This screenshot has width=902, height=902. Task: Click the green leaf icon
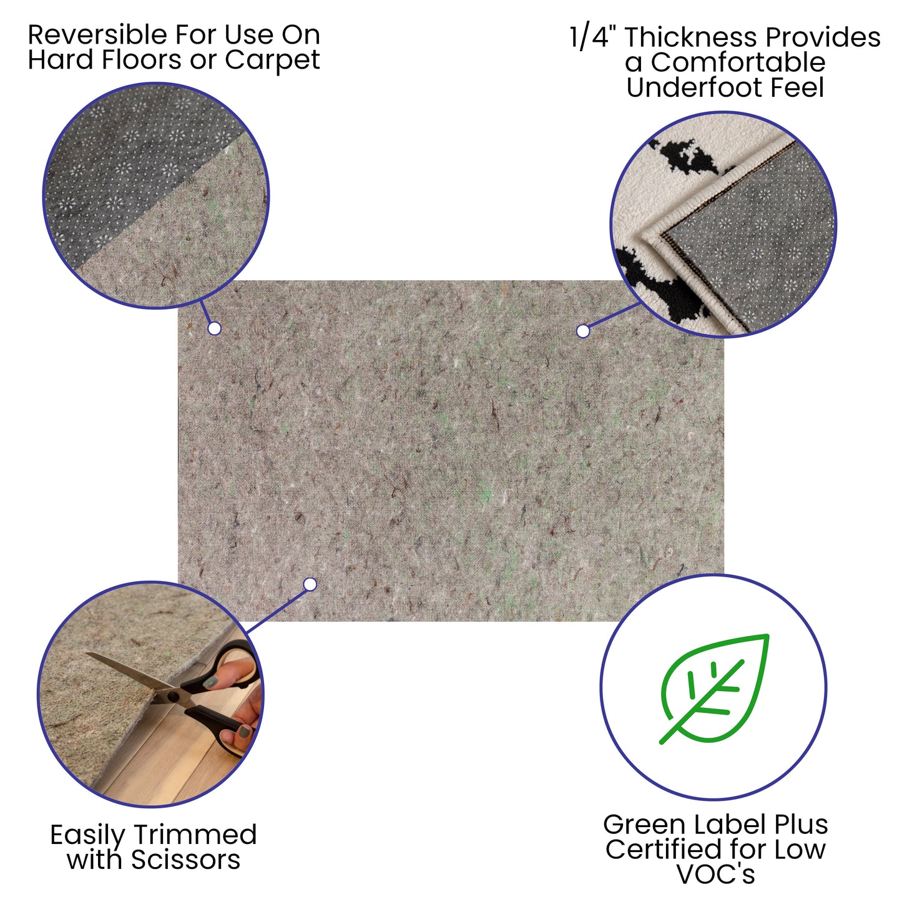(x=715, y=688)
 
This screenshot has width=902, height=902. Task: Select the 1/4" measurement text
(x=593, y=37)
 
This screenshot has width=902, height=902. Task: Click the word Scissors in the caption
(x=185, y=860)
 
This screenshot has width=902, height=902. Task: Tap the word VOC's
(x=715, y=874)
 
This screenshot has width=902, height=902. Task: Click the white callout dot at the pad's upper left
(x=214, y=328)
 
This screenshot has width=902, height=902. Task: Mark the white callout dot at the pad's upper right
(x=583, y=331)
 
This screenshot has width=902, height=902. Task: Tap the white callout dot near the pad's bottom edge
(x=310, y=584)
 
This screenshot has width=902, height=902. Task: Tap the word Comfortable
(x=738, y=62)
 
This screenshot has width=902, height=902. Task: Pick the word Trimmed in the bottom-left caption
(x=195, y=835)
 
